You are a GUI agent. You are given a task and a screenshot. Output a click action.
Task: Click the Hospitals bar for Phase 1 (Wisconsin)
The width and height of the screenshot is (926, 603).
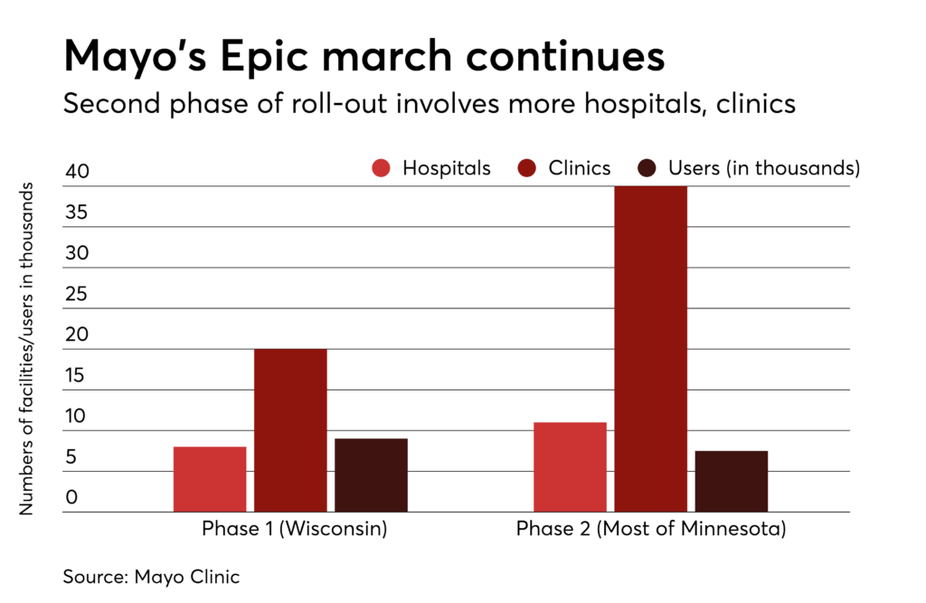[210, 479]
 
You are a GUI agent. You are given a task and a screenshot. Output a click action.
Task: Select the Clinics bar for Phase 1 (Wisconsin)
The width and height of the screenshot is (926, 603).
[290, 430]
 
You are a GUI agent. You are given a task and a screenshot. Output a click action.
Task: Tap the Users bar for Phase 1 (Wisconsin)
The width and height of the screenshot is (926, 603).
[371, 476]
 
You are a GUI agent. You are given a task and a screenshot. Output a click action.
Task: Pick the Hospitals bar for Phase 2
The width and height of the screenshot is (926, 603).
[570, 466]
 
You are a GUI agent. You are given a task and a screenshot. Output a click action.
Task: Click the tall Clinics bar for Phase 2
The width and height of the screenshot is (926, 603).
[650, 349]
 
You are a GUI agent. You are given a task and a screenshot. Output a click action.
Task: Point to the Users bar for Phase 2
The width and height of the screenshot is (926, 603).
[731, 481]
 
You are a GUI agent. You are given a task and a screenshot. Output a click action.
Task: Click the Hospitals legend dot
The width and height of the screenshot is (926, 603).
[381, 168]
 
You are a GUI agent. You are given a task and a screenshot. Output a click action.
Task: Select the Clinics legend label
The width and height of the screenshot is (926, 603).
[580, 168]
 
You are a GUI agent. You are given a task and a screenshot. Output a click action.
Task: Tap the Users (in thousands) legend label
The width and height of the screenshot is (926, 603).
[763, 168]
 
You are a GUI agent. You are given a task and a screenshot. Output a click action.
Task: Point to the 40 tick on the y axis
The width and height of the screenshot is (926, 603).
[77, 172]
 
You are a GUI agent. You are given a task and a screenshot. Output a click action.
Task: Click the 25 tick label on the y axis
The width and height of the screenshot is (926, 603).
[77, 294]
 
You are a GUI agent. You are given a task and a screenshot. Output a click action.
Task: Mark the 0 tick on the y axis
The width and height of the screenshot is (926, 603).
[71, 497]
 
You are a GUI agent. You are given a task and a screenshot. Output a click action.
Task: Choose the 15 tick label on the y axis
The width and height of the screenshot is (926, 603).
[77, 375]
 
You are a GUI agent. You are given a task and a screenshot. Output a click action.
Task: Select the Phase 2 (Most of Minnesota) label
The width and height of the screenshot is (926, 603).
[651, 529]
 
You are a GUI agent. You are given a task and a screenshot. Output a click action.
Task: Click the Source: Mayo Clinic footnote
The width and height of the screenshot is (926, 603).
[151, 576]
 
